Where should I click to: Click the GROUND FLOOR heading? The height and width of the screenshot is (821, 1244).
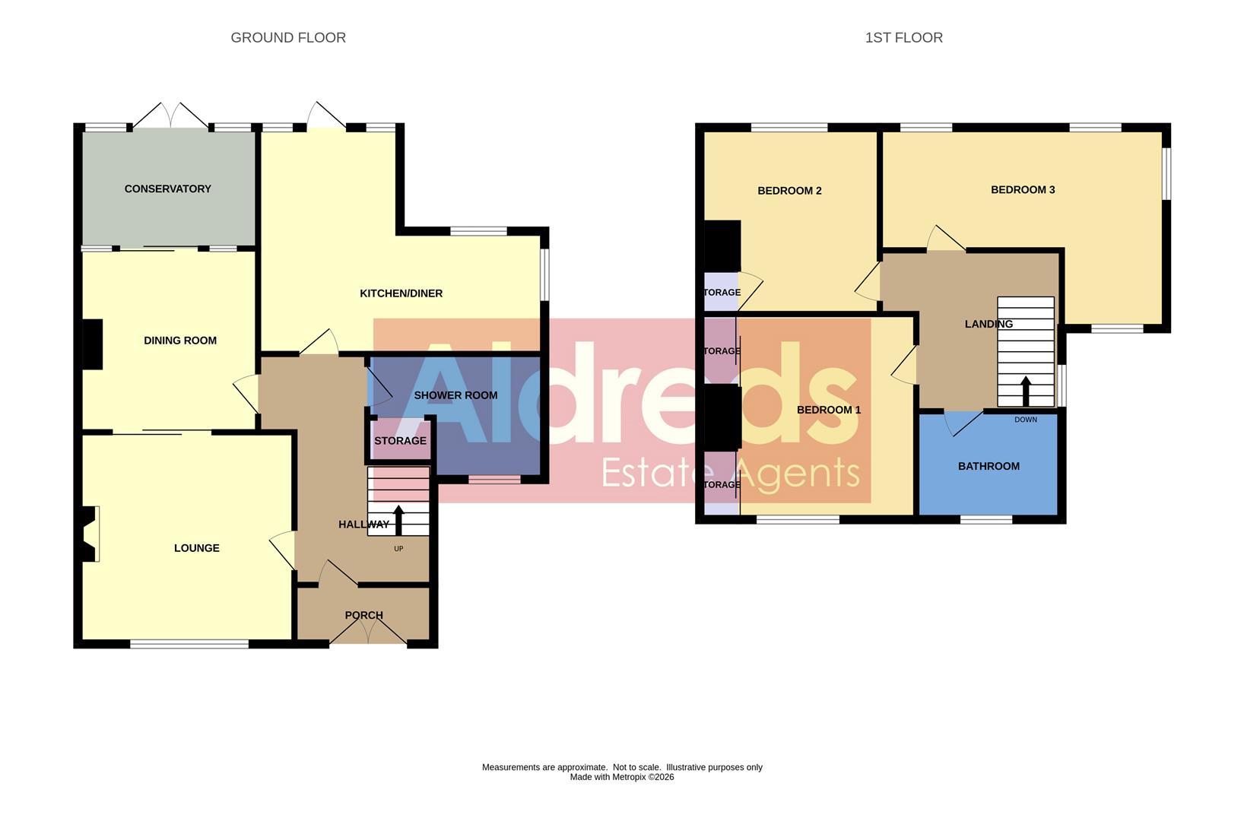click(x=288, y=38)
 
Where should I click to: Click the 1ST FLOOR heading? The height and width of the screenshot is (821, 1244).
click(x=903, y=38)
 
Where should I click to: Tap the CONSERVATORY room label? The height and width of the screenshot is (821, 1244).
click(x=167, y=189)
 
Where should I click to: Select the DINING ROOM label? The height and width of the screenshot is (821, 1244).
click(x=180, y=341)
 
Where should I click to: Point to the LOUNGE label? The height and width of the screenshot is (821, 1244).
click(x=196, y=548)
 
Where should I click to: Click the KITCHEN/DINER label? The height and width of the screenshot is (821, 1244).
click(x=401, y=293)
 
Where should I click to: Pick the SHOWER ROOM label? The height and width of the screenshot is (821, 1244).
click(x=455, y=395)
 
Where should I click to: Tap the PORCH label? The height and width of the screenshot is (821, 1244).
click(x=363, y=615)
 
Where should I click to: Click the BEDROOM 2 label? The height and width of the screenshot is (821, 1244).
click(x=789, y=191)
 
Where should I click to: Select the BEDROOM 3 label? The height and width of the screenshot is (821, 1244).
click(x=1023, y=190)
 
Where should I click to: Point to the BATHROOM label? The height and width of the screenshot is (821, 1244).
click(x=989, y=466)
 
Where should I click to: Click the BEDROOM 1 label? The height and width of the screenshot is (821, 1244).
click(x=829, y=410)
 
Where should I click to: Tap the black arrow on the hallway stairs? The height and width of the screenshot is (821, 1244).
click(x=398, y=521)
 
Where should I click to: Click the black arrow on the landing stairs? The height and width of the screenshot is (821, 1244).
click(x=1025, y=391)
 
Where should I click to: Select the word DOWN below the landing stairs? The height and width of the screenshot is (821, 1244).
click(x=1025, y=420)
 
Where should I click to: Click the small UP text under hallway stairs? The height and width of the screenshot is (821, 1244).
click(x=398, y=549)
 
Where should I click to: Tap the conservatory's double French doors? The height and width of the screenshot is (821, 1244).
click(x=170, y=116)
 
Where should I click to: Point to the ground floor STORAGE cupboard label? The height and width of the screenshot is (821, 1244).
click(x=400, y=441)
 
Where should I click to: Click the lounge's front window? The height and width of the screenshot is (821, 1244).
click(x=189, y=645)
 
